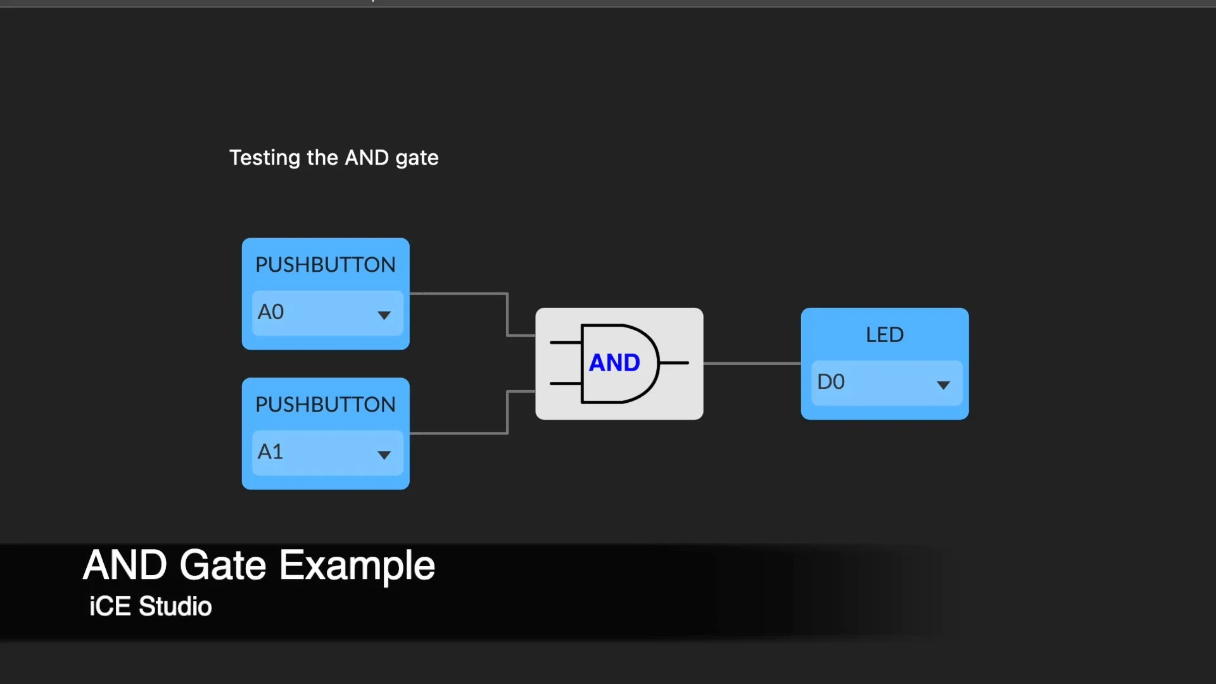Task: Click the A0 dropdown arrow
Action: [384, 315]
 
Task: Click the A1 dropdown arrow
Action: [384, 455]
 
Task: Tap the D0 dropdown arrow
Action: [943, 385]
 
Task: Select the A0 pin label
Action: [270, 312]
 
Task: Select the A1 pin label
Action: [270, 452]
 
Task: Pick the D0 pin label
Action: [831, 382]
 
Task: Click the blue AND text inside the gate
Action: [614, 363]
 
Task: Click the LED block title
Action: [885, 334]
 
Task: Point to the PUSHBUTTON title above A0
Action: [326, 265]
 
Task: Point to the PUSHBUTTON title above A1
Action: [326, 405]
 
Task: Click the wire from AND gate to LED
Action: [752, 364]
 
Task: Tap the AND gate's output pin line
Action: [674, 363]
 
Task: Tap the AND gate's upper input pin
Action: [566, 343]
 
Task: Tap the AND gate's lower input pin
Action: [566, 384]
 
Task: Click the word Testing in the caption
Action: [265, 158]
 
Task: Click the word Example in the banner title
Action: [357, 565]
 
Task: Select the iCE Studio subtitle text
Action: [150, 607]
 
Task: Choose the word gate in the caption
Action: [417, 158]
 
